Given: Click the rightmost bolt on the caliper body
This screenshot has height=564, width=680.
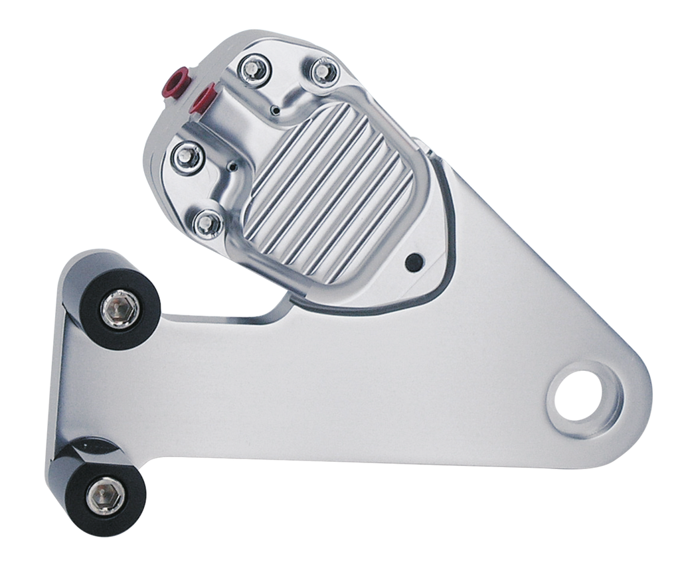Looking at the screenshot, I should click(323, 69).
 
